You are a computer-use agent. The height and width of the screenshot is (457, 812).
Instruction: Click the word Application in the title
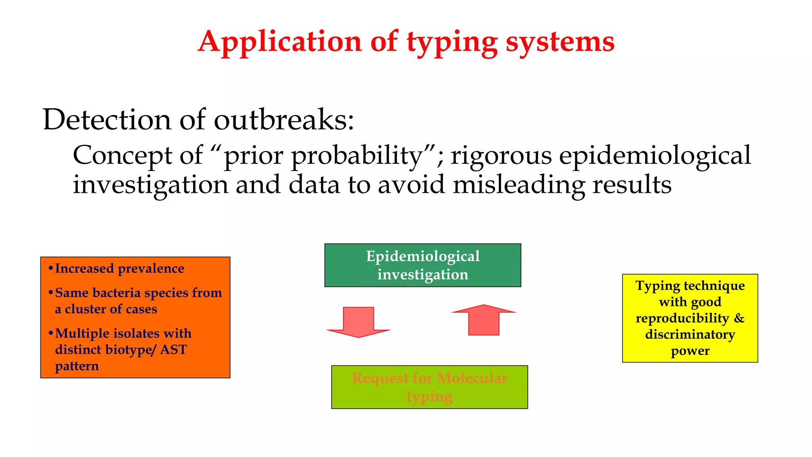pyautogui.click(x=280, y=42)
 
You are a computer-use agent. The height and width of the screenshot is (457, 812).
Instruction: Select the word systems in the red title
pyautogui.click(x=560, y=42)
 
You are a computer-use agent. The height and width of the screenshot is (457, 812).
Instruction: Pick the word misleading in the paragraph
pyautogui.click(x=519, y=185)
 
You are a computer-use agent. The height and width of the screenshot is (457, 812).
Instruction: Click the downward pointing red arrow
pyautogui.click(x=358, y=321)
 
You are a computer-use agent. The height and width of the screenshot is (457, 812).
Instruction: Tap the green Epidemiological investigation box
pyautogui.click(x=423, y=265)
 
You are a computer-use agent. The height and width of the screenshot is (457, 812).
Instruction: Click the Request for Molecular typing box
pyautogui.click(x=429, y=387)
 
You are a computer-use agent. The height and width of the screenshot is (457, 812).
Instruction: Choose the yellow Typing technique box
pyautogui.click(x=690, y=318)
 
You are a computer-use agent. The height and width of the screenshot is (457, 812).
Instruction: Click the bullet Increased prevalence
pyautogui.click(x=119, y=269)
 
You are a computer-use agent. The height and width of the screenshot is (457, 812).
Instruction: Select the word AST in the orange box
pyautogui.click(x=173, y=349)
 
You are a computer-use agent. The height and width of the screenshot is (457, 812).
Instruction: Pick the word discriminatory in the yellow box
pyautogui.click(x=690, y=334)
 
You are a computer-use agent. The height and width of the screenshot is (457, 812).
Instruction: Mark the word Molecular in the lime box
pyautogui.click(x=471, y=378)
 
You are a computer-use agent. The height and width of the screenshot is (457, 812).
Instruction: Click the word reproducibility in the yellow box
pyautogui.click(x=682, y=318)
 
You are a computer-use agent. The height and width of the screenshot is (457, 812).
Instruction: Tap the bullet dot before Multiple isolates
pyautogui.click(x=50, y=333)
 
